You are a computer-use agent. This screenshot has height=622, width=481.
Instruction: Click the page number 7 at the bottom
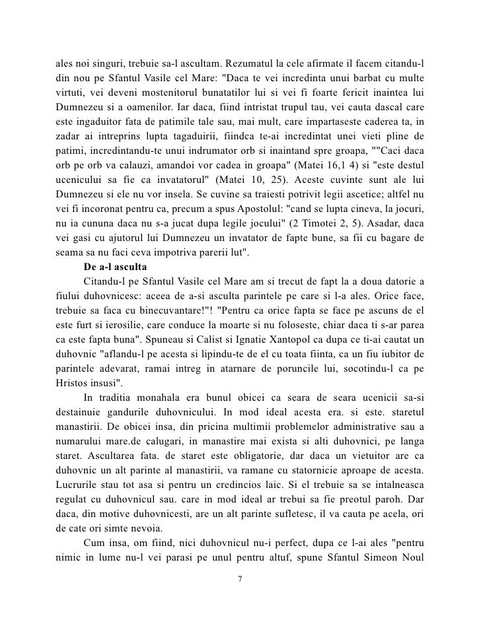pyautogui.click(x=240, y=579)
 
